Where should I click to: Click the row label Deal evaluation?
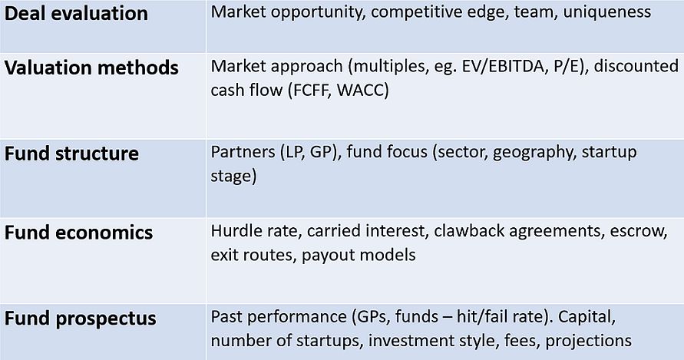(x=76, y=14)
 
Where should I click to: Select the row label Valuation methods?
(x=91, y=68)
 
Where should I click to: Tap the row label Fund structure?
(x=71, y=154)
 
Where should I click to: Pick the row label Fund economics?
(x=78, y=233)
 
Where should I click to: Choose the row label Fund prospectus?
(x=81, y=319)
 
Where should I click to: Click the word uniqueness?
(x=606, y=12)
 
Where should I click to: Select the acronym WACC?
(x=362, y=91)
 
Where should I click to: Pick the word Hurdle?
(x=232, y=231)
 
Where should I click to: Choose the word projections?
(x=589, y=342)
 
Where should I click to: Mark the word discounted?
(x=636, y=66)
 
